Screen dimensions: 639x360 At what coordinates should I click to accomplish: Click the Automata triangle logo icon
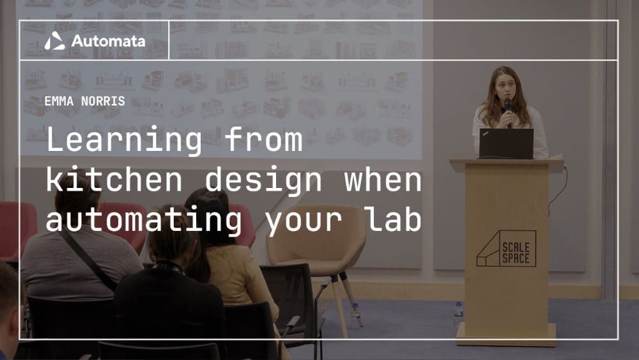coord(54,41)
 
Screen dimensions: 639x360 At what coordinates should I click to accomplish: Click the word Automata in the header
coord(109,41)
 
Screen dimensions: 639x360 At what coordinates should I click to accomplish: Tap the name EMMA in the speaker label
coord(59,101)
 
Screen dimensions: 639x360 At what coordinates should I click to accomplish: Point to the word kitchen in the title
coord(114,179)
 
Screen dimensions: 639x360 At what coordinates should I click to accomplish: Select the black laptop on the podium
coord(506,143)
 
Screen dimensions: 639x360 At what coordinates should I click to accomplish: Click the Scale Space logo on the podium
coord(506,249)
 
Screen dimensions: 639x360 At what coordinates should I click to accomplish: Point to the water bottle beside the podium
coord(458,315)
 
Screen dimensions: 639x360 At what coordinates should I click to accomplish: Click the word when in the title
coord(383,179)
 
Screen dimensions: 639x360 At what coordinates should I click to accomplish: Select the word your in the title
coord(304,222)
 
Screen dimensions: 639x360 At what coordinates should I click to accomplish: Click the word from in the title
coord(264,139)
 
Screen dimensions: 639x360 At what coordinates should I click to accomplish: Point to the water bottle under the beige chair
coord(357,316)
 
